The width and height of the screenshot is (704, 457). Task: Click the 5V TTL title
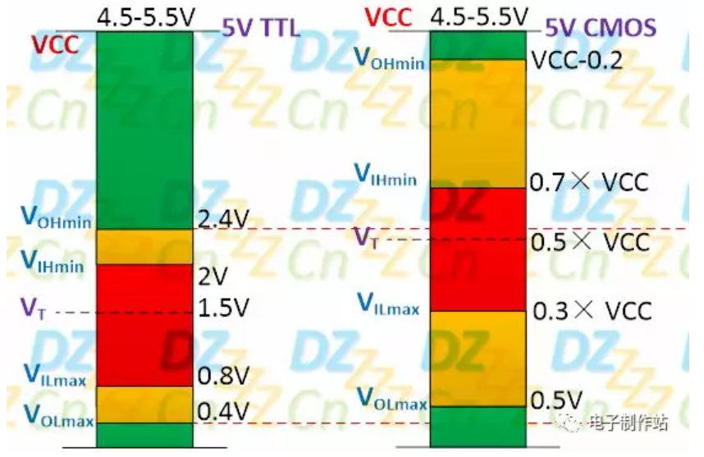(261, 29)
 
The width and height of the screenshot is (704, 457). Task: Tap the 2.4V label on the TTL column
(224, 220)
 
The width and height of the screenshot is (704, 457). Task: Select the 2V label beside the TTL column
(212, 275)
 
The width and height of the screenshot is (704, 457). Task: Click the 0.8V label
(223, 376)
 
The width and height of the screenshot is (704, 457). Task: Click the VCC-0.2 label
(576, 60)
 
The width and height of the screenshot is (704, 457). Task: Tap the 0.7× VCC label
(590, 182)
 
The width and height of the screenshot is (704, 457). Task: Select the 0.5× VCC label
(590, 242)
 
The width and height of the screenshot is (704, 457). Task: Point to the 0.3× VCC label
(592, 311)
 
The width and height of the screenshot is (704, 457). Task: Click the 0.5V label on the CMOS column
(557, 400)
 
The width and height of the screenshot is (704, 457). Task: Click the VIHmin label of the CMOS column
(385, 175)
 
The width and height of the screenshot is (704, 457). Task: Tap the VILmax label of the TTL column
(55, 374)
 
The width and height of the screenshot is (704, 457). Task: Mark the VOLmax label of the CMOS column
(391, 400)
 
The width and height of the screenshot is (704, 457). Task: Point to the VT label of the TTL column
(29, 308)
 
